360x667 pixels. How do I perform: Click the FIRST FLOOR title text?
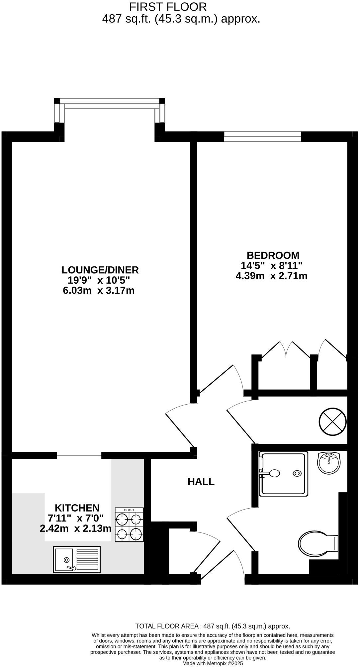click(168, 7)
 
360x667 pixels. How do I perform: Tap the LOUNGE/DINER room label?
click(100, 270)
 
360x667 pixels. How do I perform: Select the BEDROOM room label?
click(273, 255)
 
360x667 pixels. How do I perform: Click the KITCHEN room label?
click(77, 508)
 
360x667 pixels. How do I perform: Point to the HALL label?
click(201, 482)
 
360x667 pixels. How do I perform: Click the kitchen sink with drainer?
click(77, 560)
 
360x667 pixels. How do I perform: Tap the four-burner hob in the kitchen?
click(129, 525)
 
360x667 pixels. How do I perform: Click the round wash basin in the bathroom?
click(329, 462)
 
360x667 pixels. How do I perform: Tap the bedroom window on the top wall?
click(262, 137)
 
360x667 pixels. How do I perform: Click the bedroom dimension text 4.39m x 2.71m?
click(271, 276)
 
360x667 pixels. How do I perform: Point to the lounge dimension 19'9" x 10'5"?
click(99, 280)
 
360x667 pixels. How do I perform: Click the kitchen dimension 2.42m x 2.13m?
click(75, 528)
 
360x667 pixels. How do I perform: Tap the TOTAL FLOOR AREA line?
click(213, 626)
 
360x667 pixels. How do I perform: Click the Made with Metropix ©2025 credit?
click(213, 663)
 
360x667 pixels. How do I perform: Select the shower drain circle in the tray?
click(297, 473)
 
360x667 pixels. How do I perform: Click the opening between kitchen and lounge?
click(79, 455)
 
